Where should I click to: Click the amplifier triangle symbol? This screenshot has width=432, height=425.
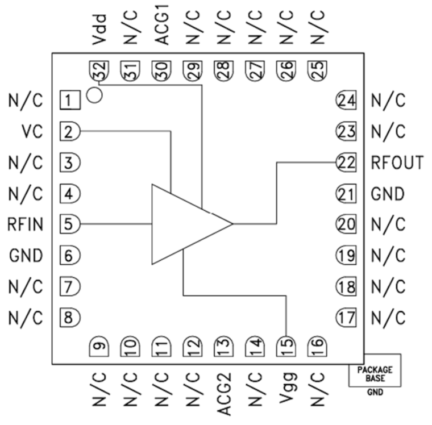coord(182,224)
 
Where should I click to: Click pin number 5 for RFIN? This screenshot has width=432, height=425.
coord(69,224)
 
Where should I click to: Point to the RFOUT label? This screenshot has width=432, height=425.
coord(397,163)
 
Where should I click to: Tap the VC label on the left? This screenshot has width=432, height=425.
coord(32,132)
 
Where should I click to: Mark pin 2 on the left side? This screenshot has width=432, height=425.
coord(69,132)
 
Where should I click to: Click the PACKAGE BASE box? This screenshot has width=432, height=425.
coord(374,370)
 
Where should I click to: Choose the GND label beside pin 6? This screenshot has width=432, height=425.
coord(26,255)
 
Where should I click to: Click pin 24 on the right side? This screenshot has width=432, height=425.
coord(346,101)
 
